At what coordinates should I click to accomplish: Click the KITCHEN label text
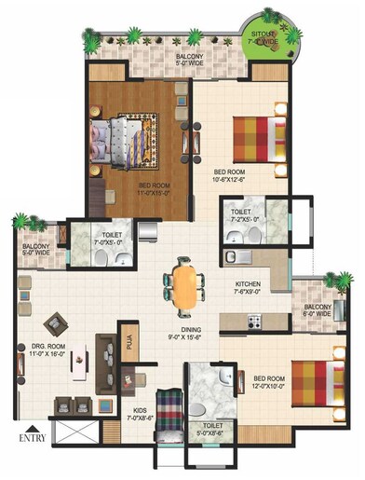tap(247, 285)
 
